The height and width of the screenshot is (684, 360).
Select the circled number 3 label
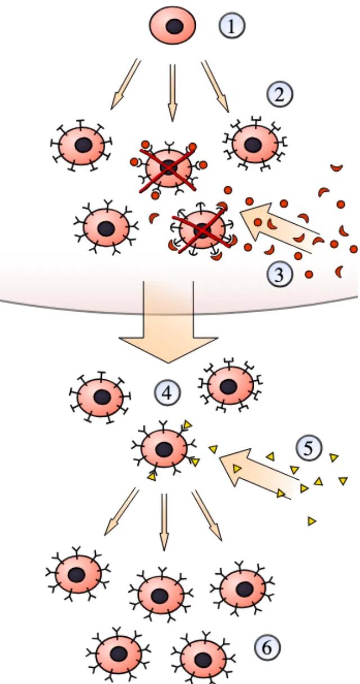(x=280, y=273)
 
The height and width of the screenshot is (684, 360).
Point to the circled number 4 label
(x=166, y=393)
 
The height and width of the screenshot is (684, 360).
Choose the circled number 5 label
(x=309, y=449)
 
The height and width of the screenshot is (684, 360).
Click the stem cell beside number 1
(x=173, y=26)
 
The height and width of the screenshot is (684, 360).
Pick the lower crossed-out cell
(x=201, y=228)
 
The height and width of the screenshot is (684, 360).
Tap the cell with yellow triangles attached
(x=164, y=449)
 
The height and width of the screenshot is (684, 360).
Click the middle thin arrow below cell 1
(x=173, y=91)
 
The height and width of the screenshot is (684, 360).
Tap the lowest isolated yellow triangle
(x=311, y=521)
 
